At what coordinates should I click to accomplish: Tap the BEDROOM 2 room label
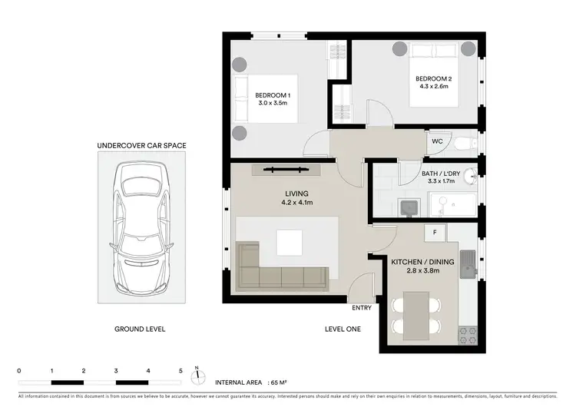432,78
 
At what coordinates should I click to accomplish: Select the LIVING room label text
296,194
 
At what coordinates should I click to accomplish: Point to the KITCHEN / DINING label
423,262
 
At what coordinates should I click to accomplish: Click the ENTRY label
361,308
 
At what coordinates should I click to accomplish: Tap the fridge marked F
435,231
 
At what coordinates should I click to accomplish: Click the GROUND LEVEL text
140,329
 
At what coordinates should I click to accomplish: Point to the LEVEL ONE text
343,329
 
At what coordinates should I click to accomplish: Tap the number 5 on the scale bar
180,370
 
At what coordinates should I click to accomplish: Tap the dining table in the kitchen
415,315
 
